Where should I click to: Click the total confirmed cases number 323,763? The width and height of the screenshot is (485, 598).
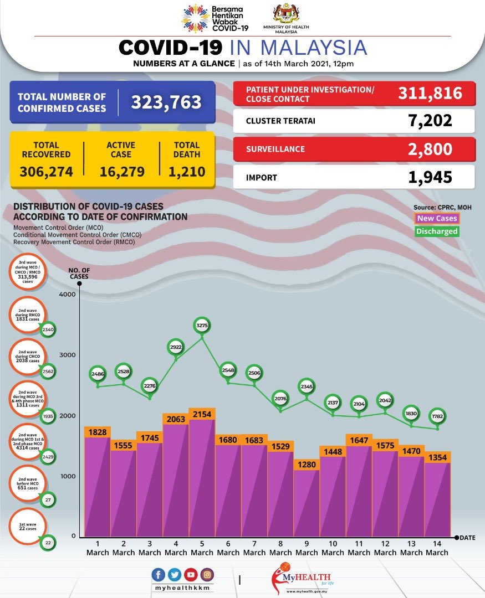[x=166, y=102]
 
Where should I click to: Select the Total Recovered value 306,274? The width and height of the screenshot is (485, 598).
[x=47, y=172]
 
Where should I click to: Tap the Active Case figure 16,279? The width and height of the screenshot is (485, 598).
[x=122, y=172]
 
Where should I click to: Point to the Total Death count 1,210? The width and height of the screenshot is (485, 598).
[x=187, y=172]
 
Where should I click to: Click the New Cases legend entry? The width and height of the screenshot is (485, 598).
[x=437, y=219]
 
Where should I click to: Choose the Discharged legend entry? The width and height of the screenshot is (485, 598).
[x=437, y=231]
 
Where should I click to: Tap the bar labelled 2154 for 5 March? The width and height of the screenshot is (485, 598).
[x=202, y=476]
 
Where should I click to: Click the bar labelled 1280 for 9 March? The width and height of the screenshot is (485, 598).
[x=307, y=504]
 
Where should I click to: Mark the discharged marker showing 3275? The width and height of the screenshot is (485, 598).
[x=202, y=326]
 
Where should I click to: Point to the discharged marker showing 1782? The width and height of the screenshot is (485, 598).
[x=437, y=416]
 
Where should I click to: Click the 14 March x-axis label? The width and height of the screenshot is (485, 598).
[x=437, y=548]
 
